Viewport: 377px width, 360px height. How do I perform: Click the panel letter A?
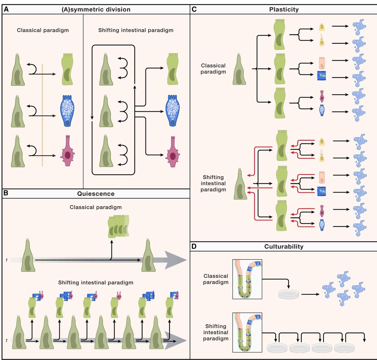[6, 9]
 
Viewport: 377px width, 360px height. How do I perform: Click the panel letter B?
[6, 193]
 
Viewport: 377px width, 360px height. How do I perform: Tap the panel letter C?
[194, 9]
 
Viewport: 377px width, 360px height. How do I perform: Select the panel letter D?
[194, 246]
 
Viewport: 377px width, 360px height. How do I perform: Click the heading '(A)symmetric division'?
[96, 9]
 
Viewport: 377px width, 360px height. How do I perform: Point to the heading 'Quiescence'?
[96, 194]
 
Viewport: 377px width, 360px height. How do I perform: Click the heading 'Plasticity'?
[284, 9]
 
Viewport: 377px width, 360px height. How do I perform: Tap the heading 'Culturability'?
[284, 247]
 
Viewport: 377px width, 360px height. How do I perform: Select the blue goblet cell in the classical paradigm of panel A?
[67, 111]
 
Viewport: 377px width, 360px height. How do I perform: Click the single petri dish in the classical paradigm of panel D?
[288, 294]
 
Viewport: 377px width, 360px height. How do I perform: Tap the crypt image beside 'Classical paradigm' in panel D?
[247, 279]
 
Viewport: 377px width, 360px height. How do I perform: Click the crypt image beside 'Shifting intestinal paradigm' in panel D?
[247, 332]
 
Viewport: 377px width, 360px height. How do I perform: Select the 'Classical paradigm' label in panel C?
[213, 69]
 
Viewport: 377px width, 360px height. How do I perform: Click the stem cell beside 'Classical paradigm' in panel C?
[240, 70]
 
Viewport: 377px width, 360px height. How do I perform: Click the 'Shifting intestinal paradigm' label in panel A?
[136, 30]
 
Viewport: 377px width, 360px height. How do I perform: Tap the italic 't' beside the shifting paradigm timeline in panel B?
[7, 340]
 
